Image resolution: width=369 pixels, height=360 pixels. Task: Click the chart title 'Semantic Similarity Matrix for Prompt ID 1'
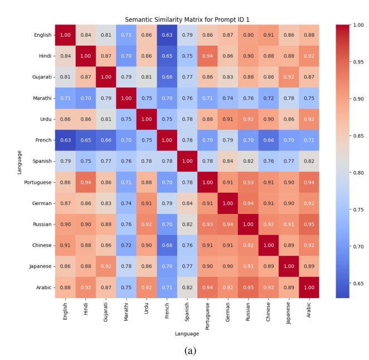(187, 20)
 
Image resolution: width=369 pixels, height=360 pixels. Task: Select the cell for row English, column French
(167, 35)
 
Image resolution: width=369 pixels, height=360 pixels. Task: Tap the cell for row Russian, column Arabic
(309, 224)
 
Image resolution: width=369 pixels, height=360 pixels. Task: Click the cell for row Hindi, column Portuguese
(207, 56)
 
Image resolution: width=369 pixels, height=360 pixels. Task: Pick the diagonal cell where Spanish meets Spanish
(187, 161)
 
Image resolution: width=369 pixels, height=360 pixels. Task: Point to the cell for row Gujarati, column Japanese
(289, 77)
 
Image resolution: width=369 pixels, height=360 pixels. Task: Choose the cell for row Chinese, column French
(167, 245)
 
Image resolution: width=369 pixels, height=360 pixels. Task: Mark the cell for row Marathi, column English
(65, 98)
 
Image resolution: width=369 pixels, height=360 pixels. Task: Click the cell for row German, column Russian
(248, 203)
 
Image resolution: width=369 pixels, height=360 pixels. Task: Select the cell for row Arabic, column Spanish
(187, 288)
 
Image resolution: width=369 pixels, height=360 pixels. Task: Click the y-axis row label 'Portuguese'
(38, 182)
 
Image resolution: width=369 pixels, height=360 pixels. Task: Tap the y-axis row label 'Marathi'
(42, 98)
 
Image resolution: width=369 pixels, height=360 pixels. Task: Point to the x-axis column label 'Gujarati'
(106, 312)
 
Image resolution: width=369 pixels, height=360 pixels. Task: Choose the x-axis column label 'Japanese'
(289, 313)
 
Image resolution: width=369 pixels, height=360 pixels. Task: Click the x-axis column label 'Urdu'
(147, 308)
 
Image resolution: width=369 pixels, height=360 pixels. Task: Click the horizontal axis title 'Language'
(187, 334)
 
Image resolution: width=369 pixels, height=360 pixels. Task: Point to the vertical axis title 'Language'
(20, 162)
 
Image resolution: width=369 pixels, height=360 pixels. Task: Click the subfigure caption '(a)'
(190, 351)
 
